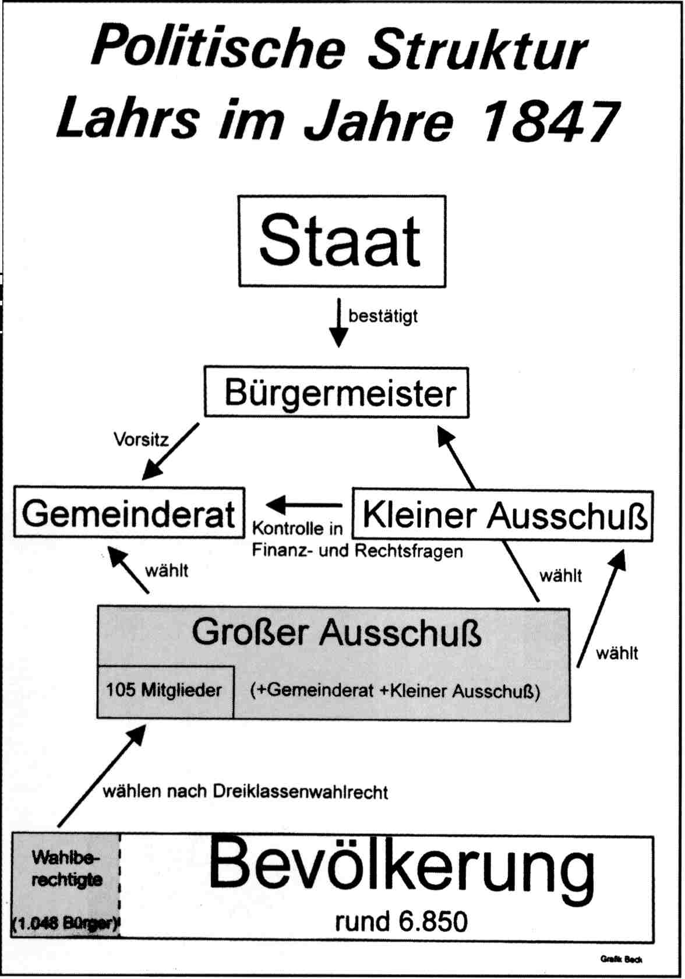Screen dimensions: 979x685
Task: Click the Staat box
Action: (x=342, y=241)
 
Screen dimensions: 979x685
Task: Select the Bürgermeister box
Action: (x=337, y=392)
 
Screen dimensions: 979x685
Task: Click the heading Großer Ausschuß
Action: (x=337, y=632)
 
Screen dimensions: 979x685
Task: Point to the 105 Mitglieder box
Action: (x=165, y=691)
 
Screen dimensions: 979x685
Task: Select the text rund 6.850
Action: (x=401, y=921)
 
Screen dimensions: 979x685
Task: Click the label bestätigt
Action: (x=383, y=316)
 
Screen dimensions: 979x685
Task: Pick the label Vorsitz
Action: (x=140, y=439)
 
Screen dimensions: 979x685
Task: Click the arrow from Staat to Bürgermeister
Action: (x=338, y=322)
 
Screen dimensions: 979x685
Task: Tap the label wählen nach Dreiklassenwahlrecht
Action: (x=245, y=791)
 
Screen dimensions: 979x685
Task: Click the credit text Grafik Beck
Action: (x=622, y=959)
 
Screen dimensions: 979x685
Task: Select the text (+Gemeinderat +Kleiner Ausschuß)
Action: (x=395, y=691)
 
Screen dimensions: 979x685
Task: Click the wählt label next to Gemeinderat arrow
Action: (x=167, y=570)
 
